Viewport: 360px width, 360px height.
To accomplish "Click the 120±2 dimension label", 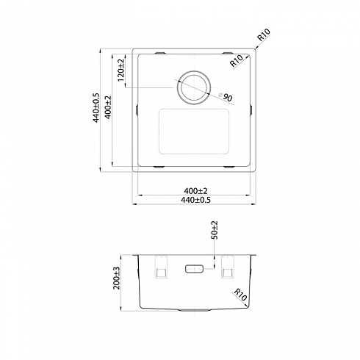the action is click(121, 71).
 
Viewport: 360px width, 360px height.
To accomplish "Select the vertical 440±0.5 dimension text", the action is click(96, 107).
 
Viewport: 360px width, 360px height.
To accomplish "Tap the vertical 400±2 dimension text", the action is click(108, 107).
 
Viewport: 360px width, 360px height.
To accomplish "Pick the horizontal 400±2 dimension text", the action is click(195, 190).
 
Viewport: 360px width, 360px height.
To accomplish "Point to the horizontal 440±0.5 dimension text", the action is click(195, 200).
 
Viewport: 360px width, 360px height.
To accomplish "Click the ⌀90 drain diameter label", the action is click(226, 97).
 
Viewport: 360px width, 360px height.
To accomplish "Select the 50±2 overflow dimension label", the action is click(215, 230).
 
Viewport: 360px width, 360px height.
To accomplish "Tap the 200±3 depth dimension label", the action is click(117, 278).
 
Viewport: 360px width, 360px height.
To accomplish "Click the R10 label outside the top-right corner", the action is click(264, 35).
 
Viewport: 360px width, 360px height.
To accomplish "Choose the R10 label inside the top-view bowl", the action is click(237, 60).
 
